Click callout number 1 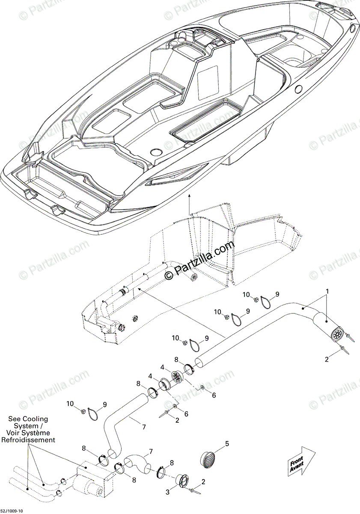327,292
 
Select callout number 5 227,443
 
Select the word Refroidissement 28,440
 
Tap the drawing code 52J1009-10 12,511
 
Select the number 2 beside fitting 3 203,481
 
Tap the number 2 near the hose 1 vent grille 327,359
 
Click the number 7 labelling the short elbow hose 150,452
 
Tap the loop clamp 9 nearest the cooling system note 94,413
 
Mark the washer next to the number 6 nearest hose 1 202,388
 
